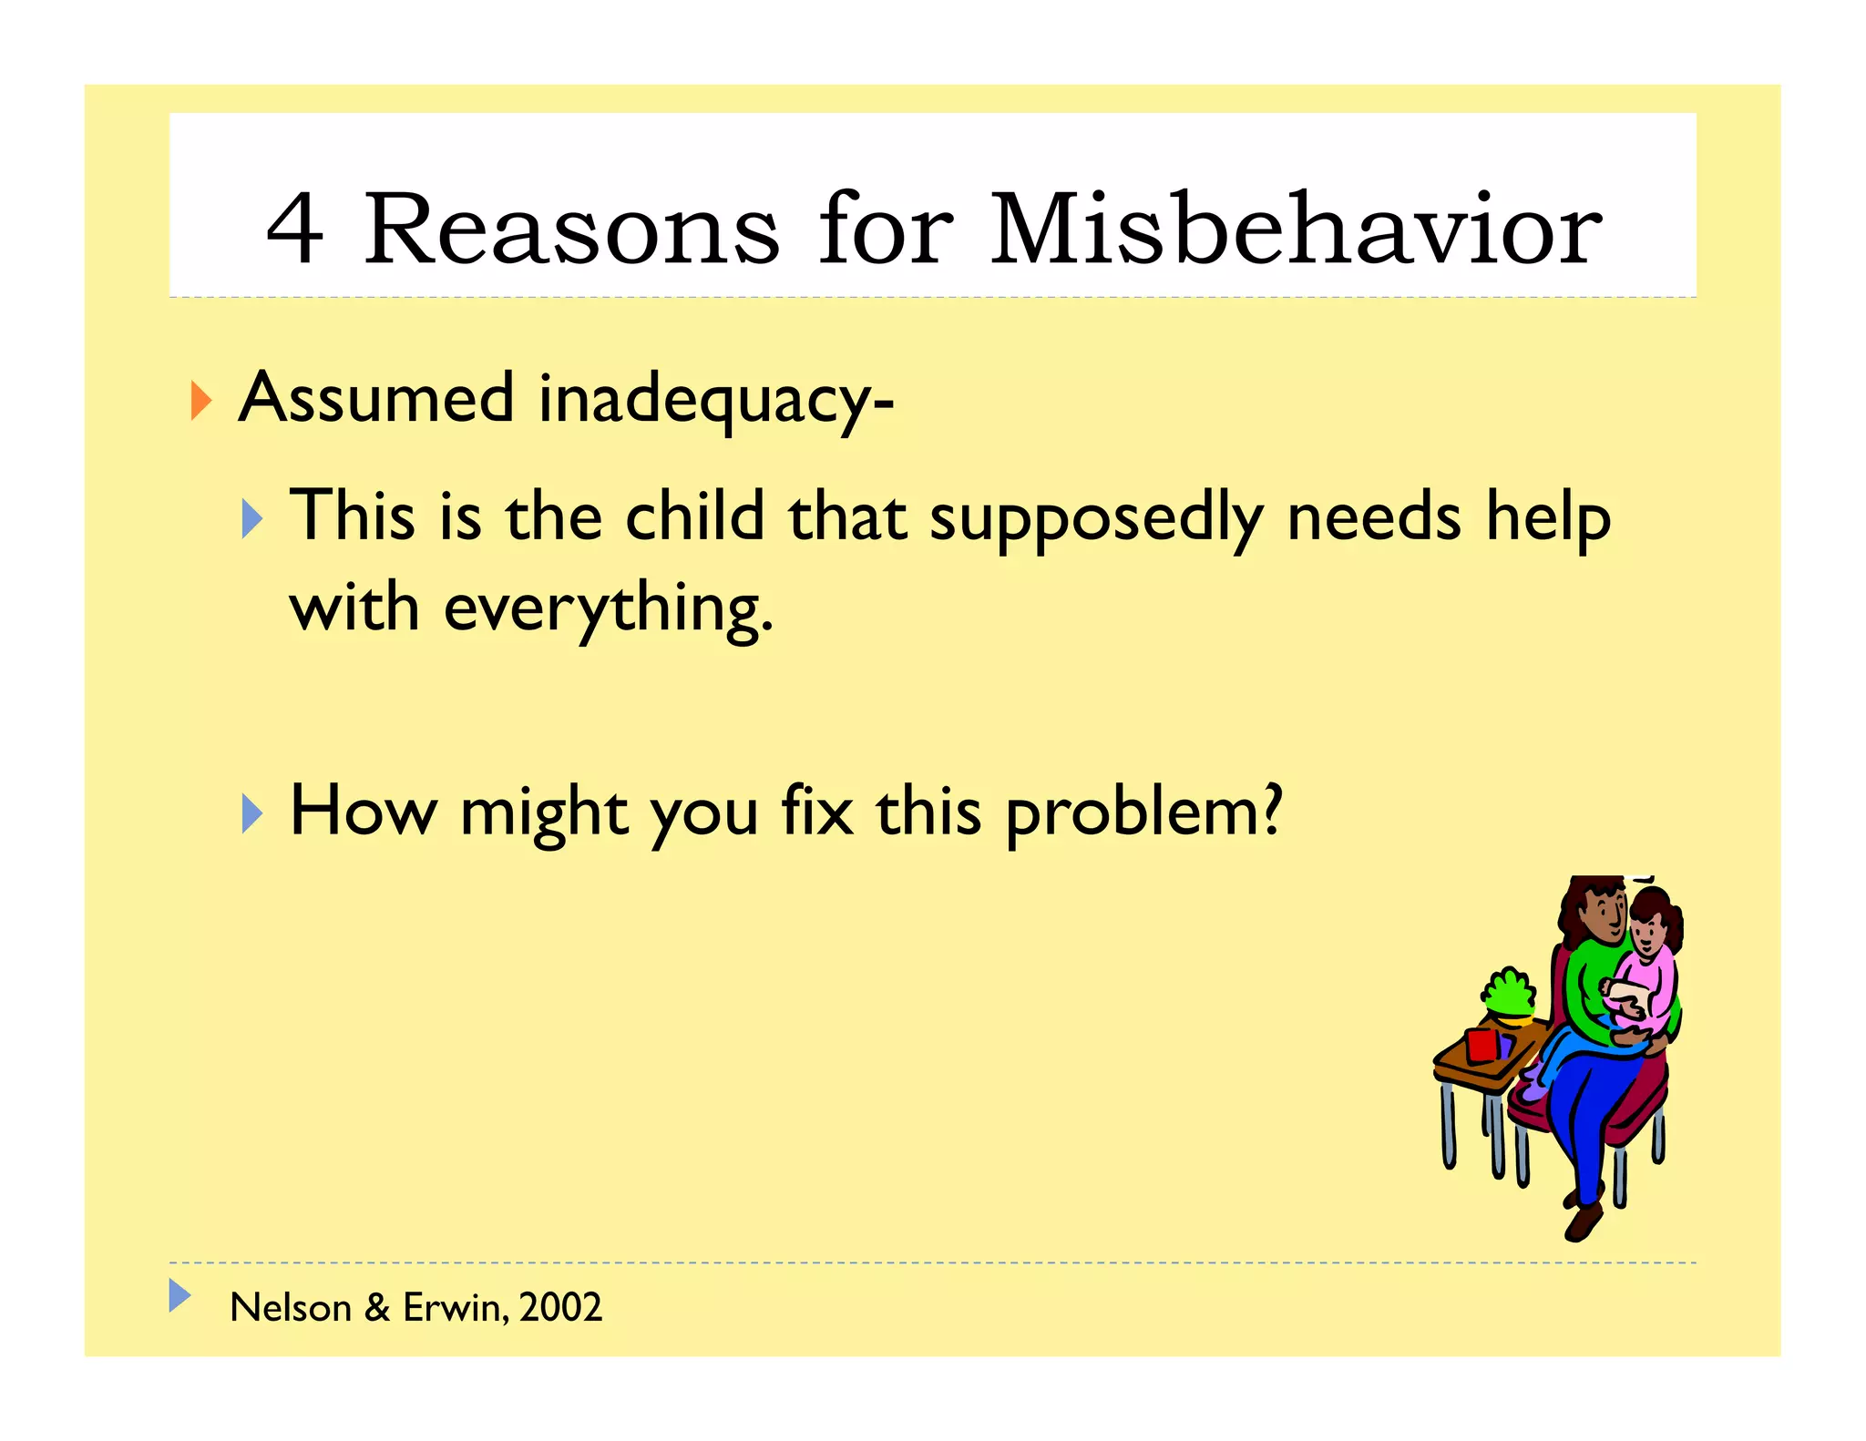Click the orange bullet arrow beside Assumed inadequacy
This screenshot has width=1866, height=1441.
201,401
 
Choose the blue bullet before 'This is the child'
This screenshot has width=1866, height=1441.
252,519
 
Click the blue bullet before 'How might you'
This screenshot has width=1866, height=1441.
252,813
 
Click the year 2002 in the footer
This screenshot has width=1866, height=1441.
560,1308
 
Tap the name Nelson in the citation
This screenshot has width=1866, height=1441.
291,1308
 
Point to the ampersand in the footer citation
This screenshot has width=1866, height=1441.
377,1308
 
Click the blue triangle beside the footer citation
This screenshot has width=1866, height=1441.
179,1295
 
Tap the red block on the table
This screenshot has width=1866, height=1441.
1482,1045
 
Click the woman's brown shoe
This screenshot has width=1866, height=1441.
1584,1221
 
